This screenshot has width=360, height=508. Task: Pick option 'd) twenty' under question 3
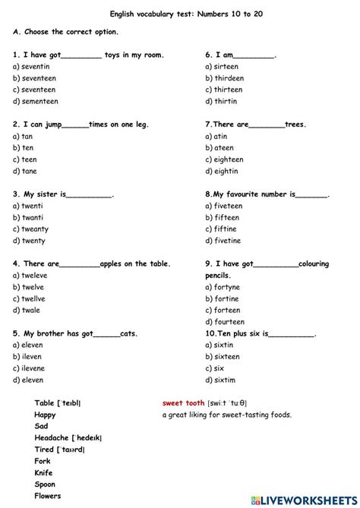[30, 241]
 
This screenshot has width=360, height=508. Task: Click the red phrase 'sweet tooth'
[184, 403]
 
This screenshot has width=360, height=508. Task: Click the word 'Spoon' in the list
[46, 484]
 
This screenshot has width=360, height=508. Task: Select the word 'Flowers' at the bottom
[49, 496]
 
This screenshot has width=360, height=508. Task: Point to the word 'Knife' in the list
[44, 472]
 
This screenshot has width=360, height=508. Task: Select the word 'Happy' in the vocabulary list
[45, 415]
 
